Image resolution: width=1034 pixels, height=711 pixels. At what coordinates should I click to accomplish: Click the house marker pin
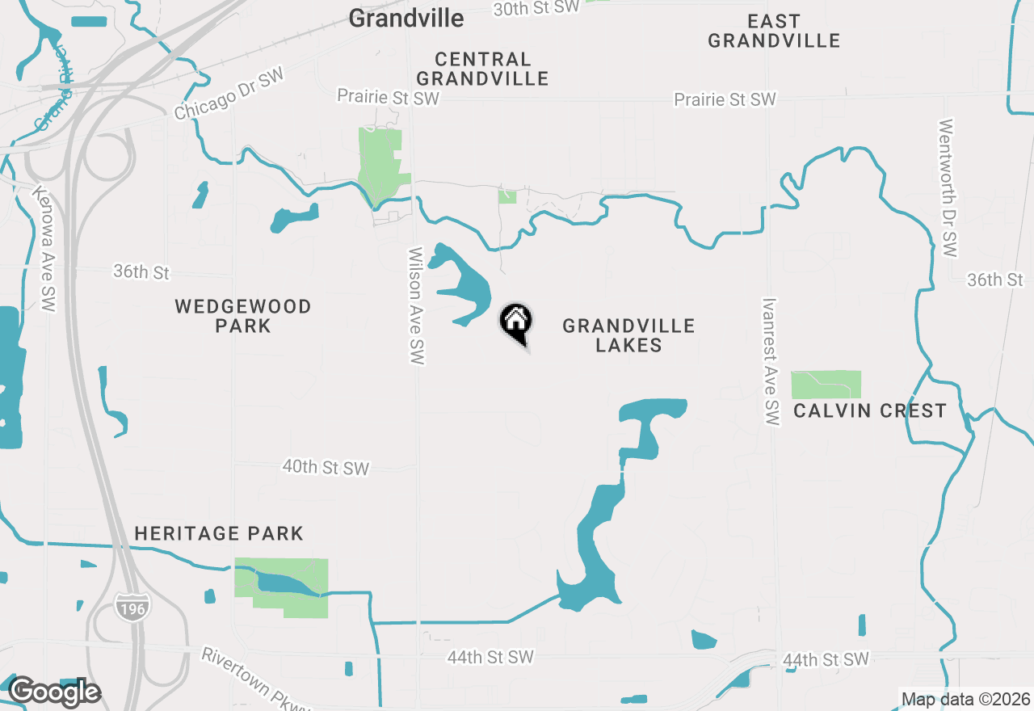[515, 322]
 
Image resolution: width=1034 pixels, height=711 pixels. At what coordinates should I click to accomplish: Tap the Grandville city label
[406, 19]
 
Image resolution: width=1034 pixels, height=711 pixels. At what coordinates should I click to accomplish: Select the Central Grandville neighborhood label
[483, 69]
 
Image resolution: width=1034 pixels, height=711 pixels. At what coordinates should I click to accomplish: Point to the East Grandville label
[774, 31]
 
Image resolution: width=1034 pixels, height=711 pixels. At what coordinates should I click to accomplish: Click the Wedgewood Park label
[243, 316]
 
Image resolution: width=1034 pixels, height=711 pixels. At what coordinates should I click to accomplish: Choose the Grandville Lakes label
[628, 335]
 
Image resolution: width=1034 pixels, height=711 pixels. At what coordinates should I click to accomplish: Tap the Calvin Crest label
[869, 410]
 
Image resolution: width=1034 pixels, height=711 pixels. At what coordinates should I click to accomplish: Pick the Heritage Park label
[219, 533]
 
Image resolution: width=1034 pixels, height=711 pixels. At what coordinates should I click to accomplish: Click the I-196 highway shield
[131, 607]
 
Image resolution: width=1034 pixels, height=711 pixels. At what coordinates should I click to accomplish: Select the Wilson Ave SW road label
[416, 305]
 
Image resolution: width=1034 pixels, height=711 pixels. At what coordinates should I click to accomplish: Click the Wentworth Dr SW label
[948, 187]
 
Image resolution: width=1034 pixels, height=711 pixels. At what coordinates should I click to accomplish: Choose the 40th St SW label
[326, 467]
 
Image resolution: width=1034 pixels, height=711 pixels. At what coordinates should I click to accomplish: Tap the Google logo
[55, 692]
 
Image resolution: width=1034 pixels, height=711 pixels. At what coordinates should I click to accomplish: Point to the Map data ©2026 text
[965, 700]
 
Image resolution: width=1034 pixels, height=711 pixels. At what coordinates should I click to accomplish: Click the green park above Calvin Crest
[826, 385]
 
